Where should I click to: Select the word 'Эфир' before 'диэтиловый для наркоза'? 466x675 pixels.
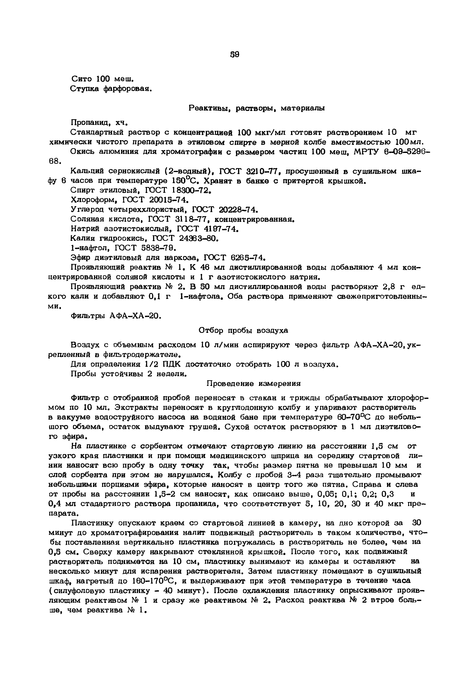point(80,258)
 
